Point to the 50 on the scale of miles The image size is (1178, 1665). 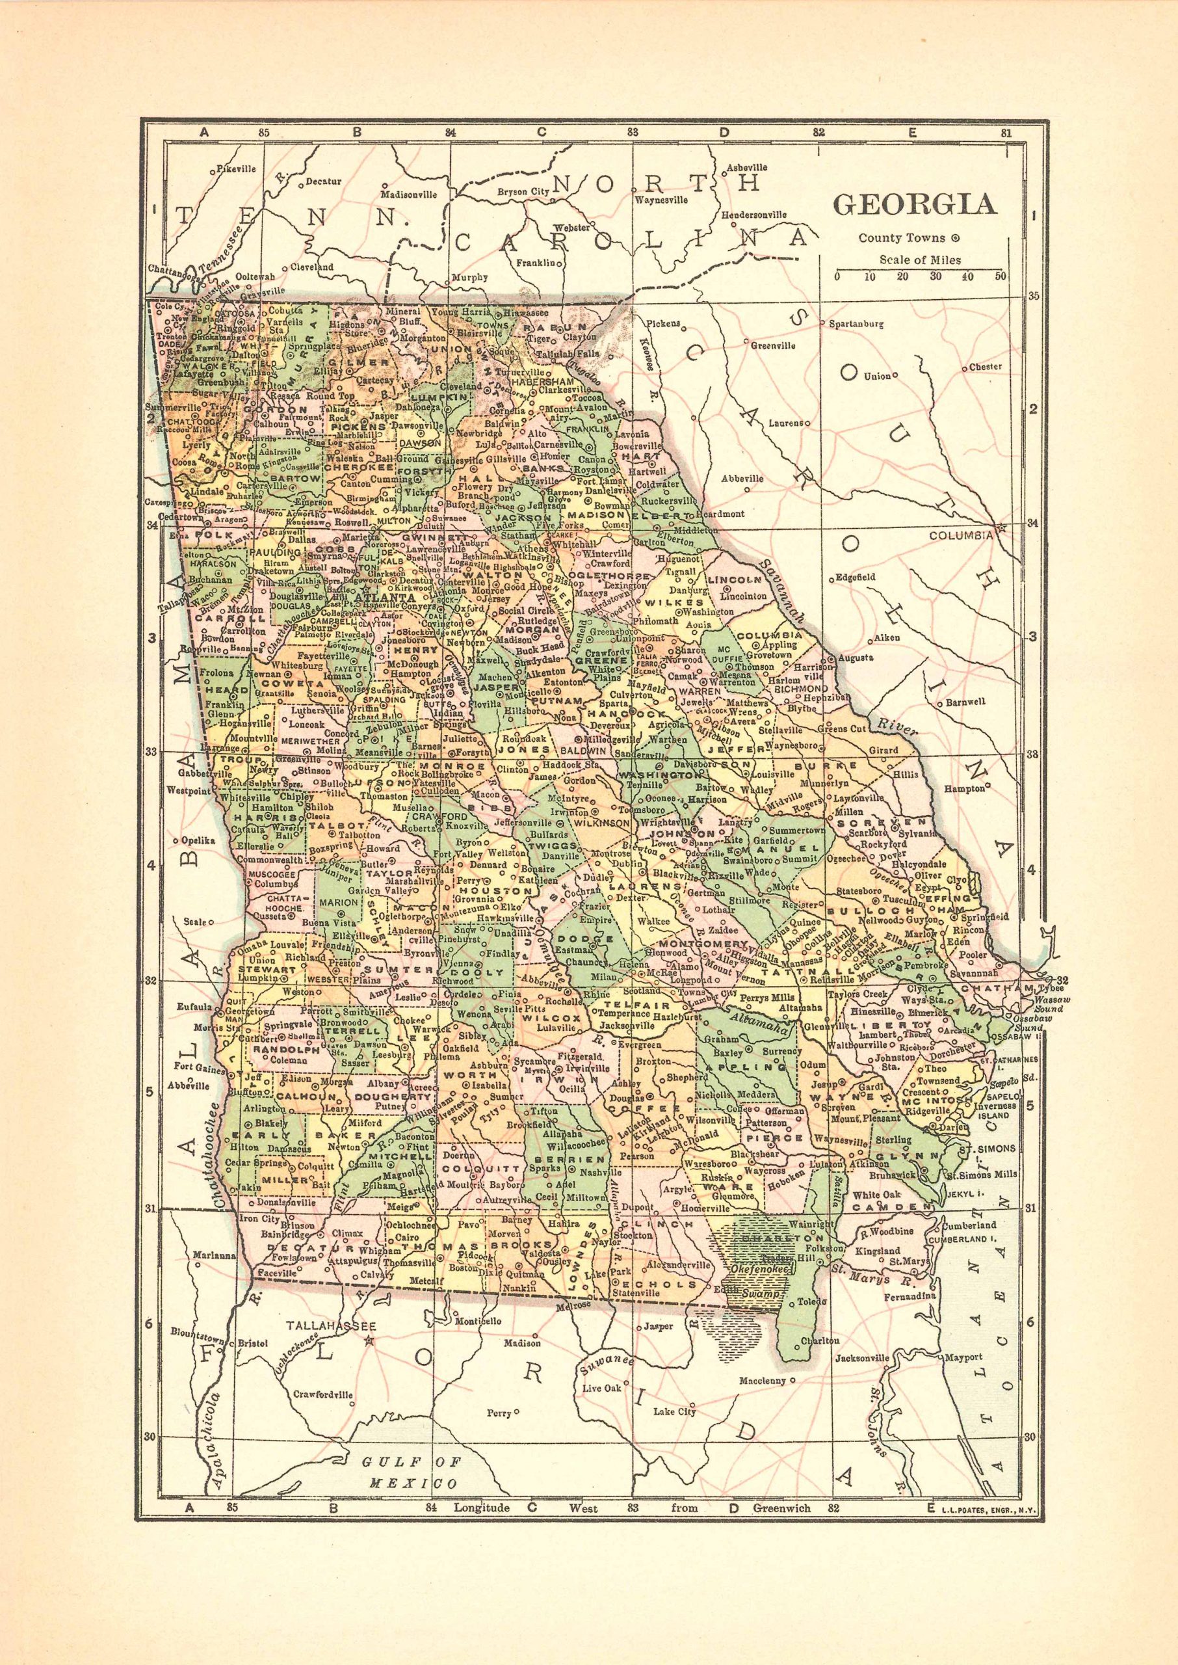(1001, 276)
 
